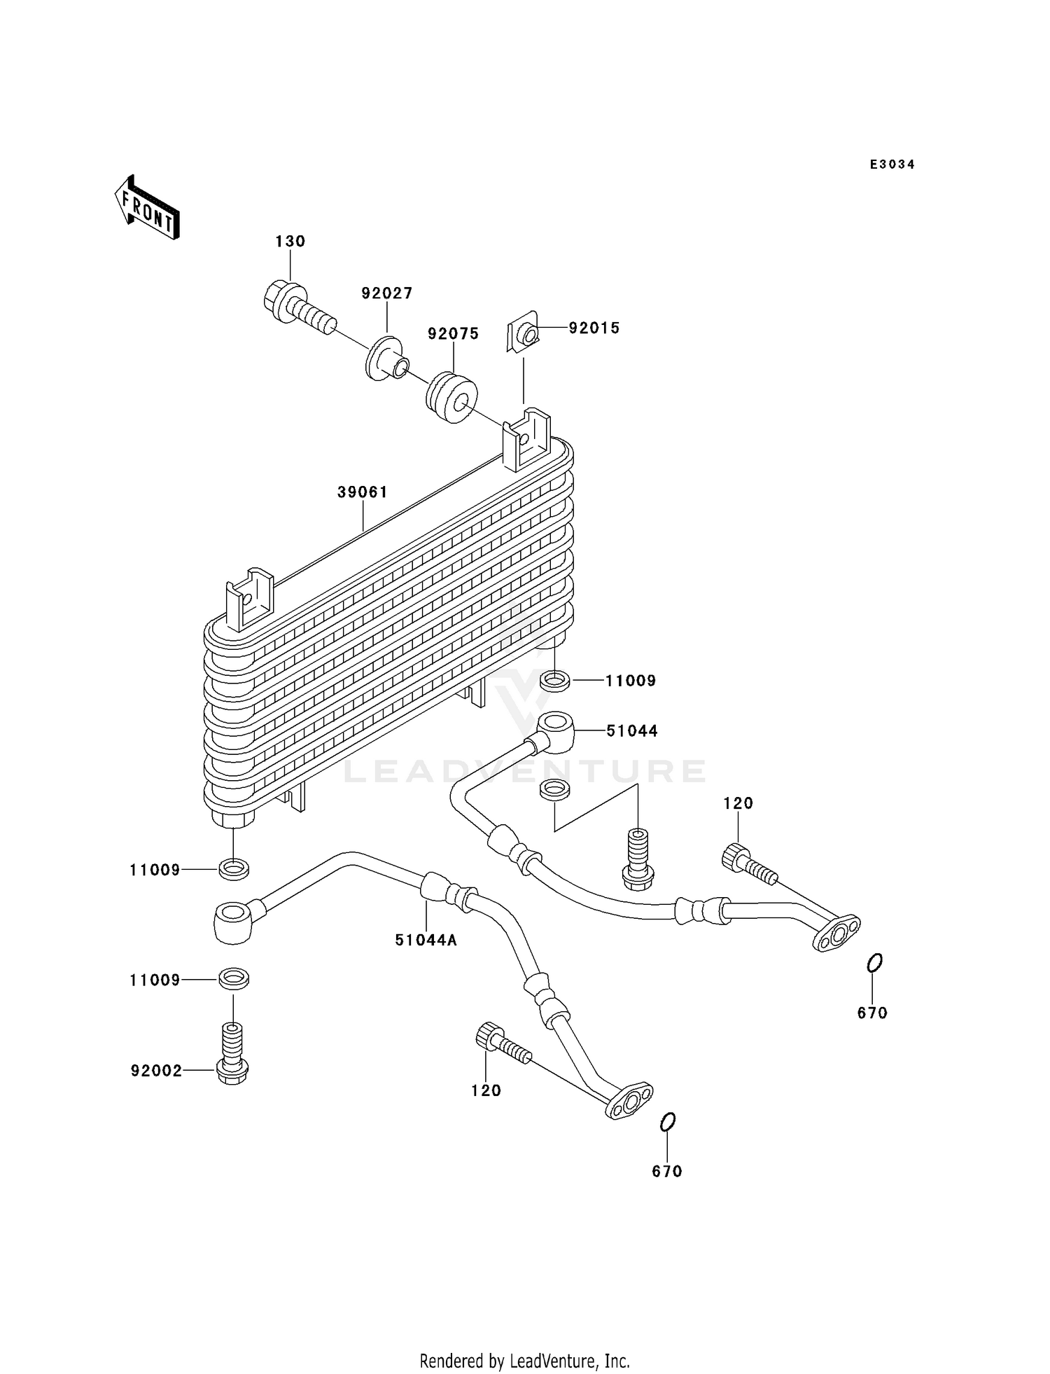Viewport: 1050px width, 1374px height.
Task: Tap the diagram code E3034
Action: [x=892, y=165]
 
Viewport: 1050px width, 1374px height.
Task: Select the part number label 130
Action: [x=290, y=242]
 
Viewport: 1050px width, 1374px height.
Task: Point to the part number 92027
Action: [x=387, y=293]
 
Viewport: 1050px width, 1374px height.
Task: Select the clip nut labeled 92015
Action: [x=524, y=335]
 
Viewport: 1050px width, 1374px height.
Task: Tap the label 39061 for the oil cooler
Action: [x=363, y=492]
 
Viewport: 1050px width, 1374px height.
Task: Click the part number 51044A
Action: [x=426, y=941]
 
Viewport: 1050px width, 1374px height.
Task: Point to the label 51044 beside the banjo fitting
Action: [x=631, y=731]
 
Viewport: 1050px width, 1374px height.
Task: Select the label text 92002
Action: [x=156, y=1071]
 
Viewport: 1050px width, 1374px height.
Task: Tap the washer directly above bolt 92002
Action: [x=233, y=979]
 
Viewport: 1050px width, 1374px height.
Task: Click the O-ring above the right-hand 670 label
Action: [x=874, y=964]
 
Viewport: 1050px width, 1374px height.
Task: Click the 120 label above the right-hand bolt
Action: [x=738, y=803]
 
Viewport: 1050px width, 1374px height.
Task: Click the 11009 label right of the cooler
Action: [x=630, y=681]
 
